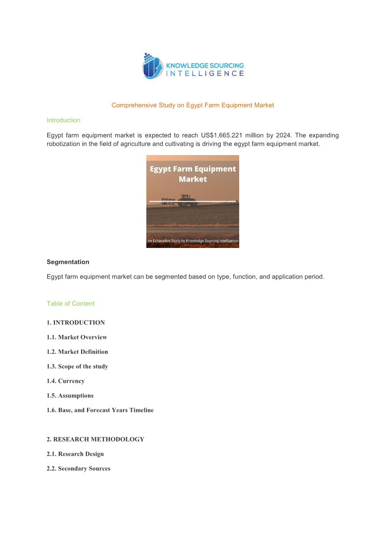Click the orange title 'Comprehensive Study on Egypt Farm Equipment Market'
(193, 105)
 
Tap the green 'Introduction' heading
(63, 120)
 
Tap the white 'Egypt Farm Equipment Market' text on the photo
(193, 174)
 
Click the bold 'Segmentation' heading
(68, 262)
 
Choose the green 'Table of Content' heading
(70, 303)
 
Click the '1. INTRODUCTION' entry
(76, 322)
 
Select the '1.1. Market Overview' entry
(77, 337)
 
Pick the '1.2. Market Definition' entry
(77, 352)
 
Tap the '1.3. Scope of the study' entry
(77, 366)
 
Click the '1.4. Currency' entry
(66, 381)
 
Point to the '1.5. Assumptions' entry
(70, 395)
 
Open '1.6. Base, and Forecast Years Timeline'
(100, 410)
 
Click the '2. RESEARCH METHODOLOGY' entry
(95, 439)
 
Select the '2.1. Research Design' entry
(75, 454)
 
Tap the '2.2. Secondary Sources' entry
(78, 468)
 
